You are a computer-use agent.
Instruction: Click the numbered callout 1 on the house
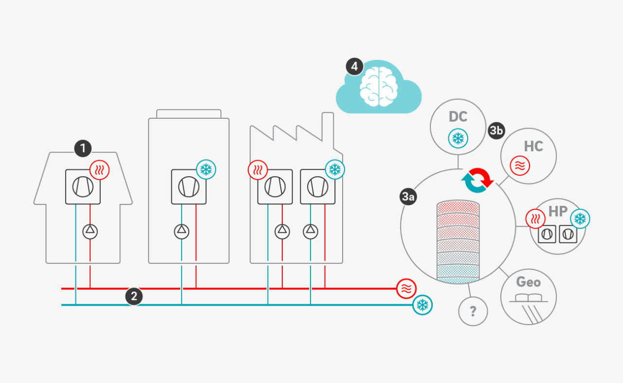coord(83,148)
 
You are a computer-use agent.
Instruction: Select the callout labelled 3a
coord(408,197)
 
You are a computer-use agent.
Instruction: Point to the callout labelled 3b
coord(496,130)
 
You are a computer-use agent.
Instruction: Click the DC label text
coord(458,117)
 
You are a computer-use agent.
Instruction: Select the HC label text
coord(533,146)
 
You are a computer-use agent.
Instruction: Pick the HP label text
coord(558,211)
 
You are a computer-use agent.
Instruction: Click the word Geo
coord(529,282)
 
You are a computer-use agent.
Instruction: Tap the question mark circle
coord(473,311)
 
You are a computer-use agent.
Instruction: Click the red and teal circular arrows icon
coord(477,181)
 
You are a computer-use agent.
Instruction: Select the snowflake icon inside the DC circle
coord(458,139)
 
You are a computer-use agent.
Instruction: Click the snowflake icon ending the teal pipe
coord(422,305)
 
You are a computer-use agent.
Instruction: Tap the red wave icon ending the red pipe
coord(406,289)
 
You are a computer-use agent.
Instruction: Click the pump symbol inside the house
coord(90,231)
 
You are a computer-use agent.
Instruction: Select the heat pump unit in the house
coord(83,187)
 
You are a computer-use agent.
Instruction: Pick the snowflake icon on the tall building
coord(206,169)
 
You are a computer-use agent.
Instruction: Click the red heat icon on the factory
coord(257,170)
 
